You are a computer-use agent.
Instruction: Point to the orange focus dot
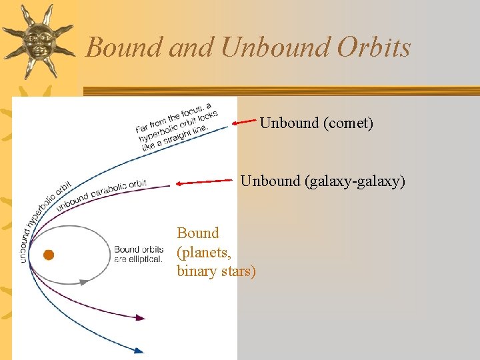click(48, 255)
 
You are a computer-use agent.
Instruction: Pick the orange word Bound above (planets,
click(198, 233)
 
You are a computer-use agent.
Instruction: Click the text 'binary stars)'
click(216, 271)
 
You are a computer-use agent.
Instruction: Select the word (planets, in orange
click(204, 252)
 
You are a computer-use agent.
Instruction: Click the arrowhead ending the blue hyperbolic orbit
click(139, 349)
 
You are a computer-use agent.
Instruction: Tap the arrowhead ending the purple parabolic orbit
click(140, 318)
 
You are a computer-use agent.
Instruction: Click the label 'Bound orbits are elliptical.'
click(139, 254)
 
